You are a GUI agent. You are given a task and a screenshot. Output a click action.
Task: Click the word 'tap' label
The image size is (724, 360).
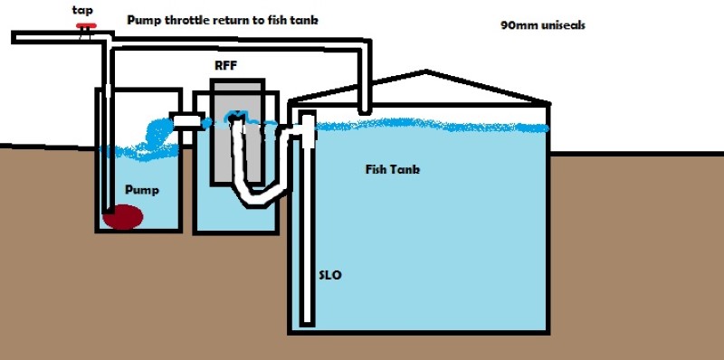(81, 10)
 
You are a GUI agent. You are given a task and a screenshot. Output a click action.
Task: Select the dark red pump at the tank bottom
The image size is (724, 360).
(125, 216)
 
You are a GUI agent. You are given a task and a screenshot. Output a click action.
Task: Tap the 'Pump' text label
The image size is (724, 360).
(143, 191)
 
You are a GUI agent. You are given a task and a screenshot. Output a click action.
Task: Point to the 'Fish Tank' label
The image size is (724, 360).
(393, 169)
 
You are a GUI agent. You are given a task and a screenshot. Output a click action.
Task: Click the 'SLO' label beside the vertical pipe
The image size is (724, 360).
(330, 275)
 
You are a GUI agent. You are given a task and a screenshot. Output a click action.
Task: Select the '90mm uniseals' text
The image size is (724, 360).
(542, 25)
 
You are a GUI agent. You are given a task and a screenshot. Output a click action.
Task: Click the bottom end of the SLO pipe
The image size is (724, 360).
(309, 319)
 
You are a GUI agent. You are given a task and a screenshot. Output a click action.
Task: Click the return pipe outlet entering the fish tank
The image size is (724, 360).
(365, 108)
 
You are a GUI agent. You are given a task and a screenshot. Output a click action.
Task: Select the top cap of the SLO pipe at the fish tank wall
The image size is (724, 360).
(307, 118)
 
